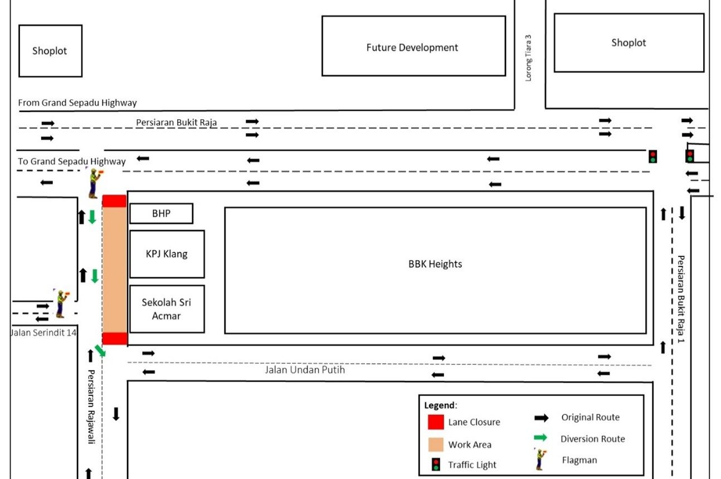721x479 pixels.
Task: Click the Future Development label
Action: (x=412, y=48)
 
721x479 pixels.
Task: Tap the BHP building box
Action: (x=161, y=213)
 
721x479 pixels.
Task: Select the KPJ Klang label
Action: (x=167, y=254)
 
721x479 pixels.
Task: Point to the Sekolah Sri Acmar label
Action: (x=167, y=309)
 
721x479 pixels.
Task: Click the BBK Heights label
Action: (x=435, y=264)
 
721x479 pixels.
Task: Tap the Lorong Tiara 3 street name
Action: (x=529, y=58)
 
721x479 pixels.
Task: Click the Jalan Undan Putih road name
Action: (x=305, y=369)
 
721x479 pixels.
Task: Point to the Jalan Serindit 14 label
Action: (x=43, y=333)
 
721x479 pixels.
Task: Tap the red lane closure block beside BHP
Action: (x=114, y=201)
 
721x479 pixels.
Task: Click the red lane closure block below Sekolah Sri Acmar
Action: (x=115, y=339)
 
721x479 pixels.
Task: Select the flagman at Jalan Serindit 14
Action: (x=60, y=304)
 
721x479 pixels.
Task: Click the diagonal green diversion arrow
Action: (x=100, y=351)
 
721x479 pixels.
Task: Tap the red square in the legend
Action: (x=436, y=422)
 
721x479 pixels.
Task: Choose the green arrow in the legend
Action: (x=541, y=438)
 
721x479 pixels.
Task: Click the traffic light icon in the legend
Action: (x=436, y=464)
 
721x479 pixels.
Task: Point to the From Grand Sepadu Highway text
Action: (x=77, y=102)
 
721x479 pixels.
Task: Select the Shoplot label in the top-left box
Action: (x=50, y=51)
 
